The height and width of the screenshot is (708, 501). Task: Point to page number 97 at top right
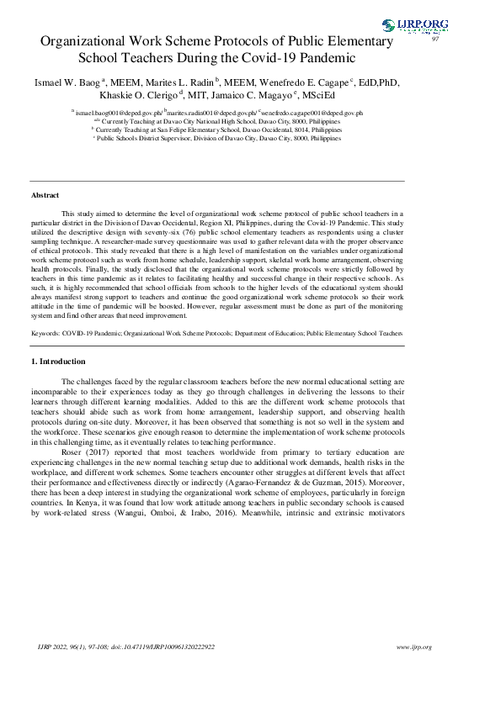pyautogui.click(x=435, y=40)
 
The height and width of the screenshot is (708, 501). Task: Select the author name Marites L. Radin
pyautogui.click(x=178, y=82)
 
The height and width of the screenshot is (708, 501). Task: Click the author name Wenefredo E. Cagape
pyautogui.click(x=308, y=82)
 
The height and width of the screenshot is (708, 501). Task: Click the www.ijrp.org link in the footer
pyautogui.click(x=413, y=647)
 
